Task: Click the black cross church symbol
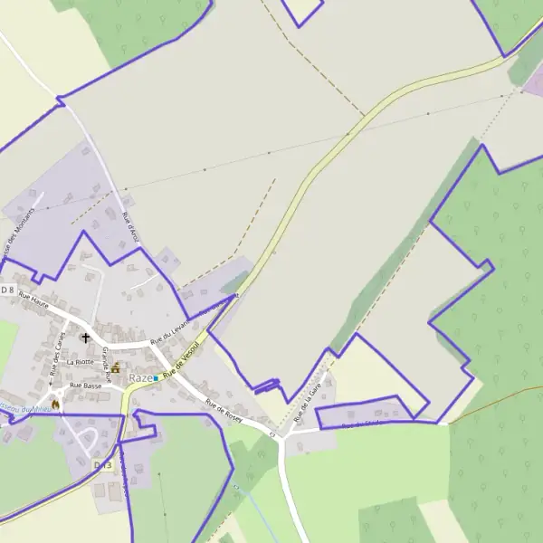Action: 87,338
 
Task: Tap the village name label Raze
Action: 140,377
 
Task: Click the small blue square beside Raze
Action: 156,377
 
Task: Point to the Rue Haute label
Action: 33,300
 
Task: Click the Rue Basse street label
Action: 85,386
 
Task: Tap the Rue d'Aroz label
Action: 129,228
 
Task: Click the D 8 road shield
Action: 7,290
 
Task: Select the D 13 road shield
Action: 102,464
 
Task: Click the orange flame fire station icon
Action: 54,404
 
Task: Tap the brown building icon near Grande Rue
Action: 116,367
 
